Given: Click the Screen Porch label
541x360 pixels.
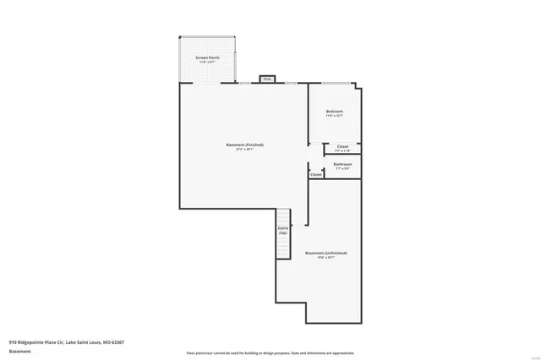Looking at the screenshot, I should pyautogui.click(x=208, y=57).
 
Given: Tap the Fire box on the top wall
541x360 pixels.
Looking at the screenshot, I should pyautogui.click(x=267, y=79).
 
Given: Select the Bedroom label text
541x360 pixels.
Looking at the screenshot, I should pyautogui.click(x=335, y=112).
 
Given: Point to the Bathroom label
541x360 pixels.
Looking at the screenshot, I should pyautogui.click(x=342, y=164).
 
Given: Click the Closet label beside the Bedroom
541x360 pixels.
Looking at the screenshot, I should pyautogui.click(x=342, y=146).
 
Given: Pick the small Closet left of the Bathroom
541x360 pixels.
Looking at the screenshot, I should pyautogui.click(x=316, y=175).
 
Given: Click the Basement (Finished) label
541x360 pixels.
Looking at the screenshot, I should pyautogui.click(x=245, y=145).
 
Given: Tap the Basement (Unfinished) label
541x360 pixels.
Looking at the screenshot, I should pyautogui.click(x=326, y=253).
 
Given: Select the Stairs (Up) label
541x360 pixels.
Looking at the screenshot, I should pyautogui.click(x=283, y=230).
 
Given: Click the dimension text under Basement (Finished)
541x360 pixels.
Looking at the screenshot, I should pyautogui.click(x=245, y=150).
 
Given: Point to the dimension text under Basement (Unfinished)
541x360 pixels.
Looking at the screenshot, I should pyautogui.click(x=326, y=258).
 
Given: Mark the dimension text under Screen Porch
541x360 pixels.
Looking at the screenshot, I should pyautogui.click(x=208, y=63).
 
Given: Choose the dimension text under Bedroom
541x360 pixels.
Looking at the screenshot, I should pyautogui.click(x=335, y=117).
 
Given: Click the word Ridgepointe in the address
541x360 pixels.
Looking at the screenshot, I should pyautogui.click(x=37, y=341).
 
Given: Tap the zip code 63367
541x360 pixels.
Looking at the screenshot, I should pyautogui.click(x=117, y=341).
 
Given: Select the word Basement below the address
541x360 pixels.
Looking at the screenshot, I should pyautogui.click(x=19, y=350).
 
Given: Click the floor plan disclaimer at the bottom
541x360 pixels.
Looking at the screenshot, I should pyautogui.click(x=270, y=352).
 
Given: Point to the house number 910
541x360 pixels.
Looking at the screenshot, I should pyautogui.click(x=13, y=341).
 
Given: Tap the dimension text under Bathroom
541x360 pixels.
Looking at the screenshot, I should pyautogui.click(x=342, y=169).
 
